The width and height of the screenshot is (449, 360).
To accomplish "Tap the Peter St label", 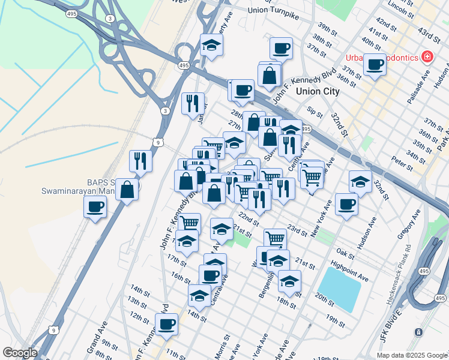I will point(399,162).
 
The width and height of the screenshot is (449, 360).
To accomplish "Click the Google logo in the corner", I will point(20,353).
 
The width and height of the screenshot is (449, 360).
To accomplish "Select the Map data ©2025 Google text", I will point(412,355).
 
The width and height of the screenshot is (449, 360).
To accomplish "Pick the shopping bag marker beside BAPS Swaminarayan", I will point(127,189).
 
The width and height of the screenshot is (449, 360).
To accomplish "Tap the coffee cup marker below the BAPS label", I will point(95,208).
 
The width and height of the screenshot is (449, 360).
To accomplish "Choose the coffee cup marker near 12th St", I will point(166,324).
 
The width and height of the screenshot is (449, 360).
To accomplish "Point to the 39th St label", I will point(327,29).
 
